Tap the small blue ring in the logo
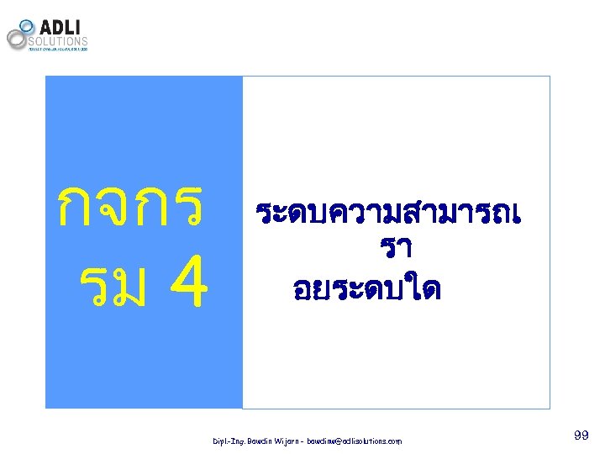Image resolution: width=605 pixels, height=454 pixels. [x=27, y=26]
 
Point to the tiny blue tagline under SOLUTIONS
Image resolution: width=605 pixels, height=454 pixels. [x=58, y=49]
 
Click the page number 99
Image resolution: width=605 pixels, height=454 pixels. [x=580, y=435]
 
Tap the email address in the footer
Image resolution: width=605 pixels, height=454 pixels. [x=354, y=441]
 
